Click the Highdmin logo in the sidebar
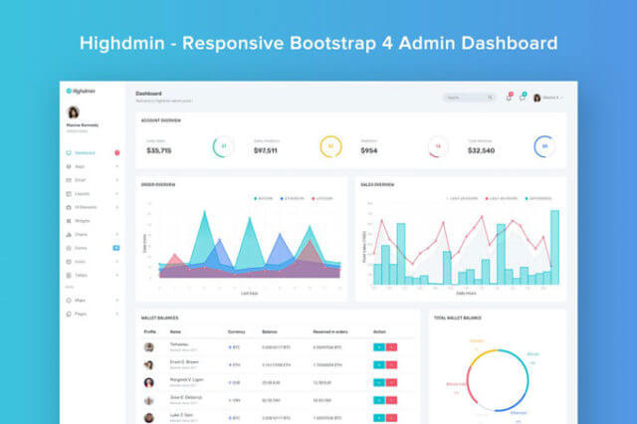click(x=78, y=91)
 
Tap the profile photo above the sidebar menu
click(x=73, y=111)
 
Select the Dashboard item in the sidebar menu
click(x=84, y=152)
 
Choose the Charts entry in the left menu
click(x=81, y=234)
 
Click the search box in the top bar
click(x=469, y=98)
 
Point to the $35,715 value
click(x=159, y=150)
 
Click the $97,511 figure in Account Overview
click(x=266, y=150)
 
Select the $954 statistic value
click(x=368, y=150)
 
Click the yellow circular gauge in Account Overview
click(x=330, y=146)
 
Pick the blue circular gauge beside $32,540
click(x=542, y=146)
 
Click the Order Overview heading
click(x=158, y=185)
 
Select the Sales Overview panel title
click(x=377, y=185)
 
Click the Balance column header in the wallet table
click(x=270, y=331)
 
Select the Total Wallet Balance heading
click(x=458, y=318)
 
